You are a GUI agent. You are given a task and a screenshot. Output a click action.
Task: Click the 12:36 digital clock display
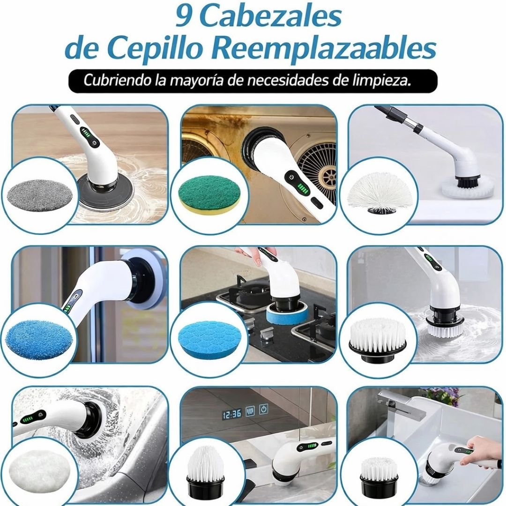(x=232, y=414)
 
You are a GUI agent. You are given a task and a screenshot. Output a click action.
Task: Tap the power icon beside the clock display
(x=264, y=409)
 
